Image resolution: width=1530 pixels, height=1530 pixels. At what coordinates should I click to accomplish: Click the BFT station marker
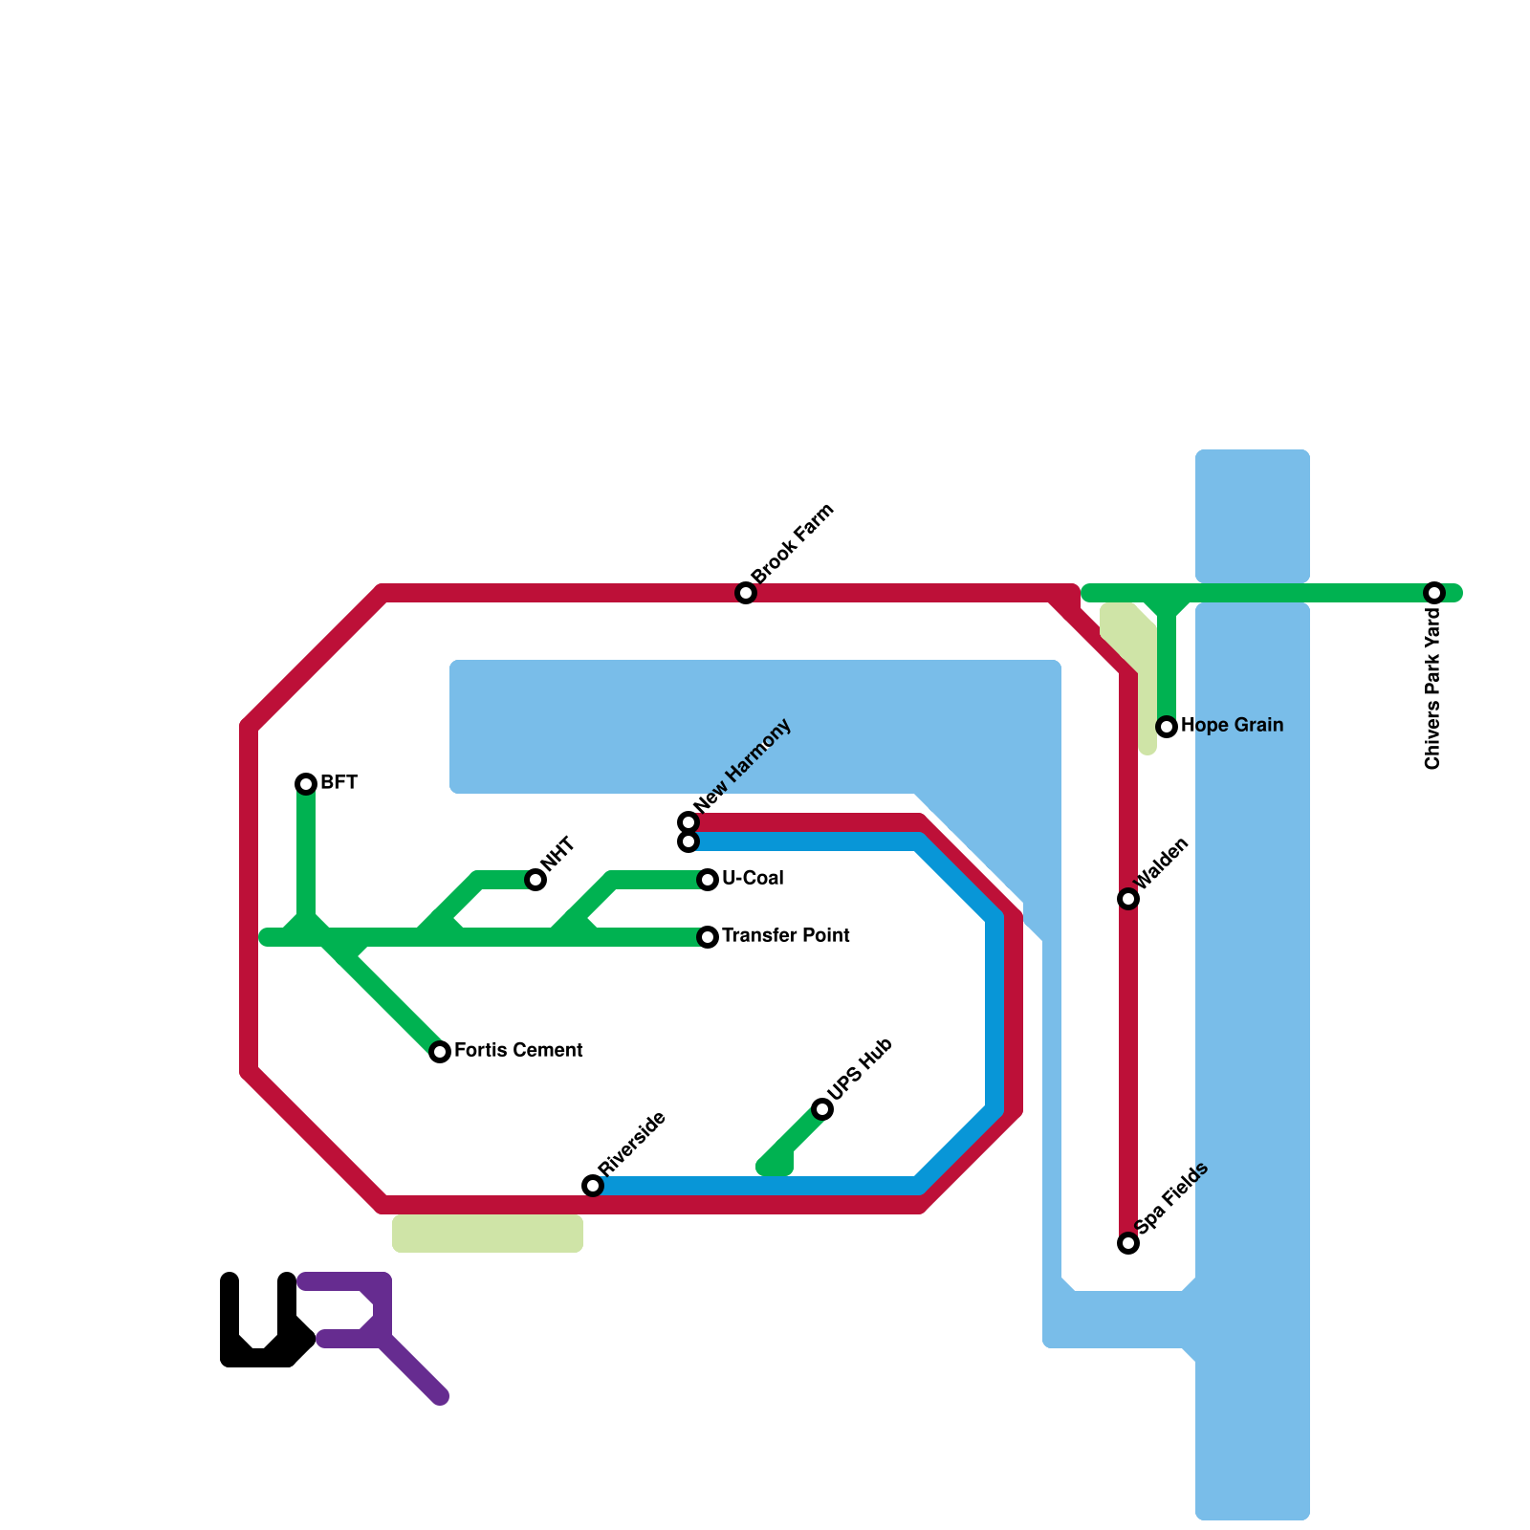[x=306, y=784]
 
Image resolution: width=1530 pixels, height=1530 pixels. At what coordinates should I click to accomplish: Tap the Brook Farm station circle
[x=746, y=593]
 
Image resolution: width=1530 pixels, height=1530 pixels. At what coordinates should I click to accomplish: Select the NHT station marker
[x=535, y=880]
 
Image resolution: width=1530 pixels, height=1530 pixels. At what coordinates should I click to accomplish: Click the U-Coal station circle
[x=708, y=880]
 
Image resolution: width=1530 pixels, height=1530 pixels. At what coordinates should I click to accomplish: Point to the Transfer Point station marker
[x=708, y=937]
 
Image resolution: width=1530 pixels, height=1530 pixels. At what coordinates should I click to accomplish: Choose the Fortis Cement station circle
[x=440, y=1052]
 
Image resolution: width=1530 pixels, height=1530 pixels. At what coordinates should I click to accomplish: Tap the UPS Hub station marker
[x=822, y=1109]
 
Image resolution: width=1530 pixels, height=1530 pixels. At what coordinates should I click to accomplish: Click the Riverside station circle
[x=593, y=1186]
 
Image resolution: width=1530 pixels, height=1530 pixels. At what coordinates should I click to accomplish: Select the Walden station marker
[x=1128, y=899]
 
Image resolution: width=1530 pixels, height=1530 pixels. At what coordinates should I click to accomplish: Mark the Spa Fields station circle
[x=1128, y=1243]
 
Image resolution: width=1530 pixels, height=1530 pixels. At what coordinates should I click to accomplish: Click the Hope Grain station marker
[x=1167, y=727]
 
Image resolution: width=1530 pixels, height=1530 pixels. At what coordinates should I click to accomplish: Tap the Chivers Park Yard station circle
[x=1434, y=593]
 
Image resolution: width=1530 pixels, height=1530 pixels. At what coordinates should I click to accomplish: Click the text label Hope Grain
[x=1232, y=726]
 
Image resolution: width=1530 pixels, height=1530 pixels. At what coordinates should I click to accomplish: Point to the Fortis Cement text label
[x=518, y=1051]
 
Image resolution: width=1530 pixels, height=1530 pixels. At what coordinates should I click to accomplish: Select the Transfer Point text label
[x=785, y=936]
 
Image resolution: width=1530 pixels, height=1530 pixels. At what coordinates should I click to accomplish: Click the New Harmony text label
[x=744, y=765]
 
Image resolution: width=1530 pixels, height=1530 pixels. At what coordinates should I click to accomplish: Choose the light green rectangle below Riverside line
[x=488, y=1234]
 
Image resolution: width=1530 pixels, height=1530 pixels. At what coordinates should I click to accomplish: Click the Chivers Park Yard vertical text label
[x=1432, y=688]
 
